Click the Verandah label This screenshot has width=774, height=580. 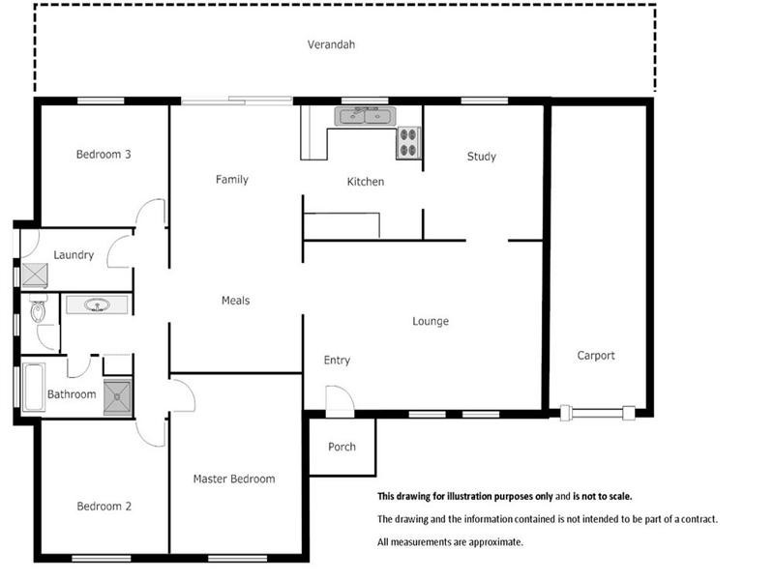coord(332,44)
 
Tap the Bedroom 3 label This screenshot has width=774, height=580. coord(104,154)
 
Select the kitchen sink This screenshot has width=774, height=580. coord(364,117)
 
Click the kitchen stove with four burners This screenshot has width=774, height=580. coord(408,143)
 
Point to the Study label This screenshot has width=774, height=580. coord(481,157)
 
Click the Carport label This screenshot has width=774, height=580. coord(596,356)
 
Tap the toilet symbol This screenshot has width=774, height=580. coord(38,311)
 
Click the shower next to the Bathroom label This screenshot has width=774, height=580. coord(117,394)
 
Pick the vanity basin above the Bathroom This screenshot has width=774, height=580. coord(96,305)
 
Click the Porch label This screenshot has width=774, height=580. coord(342,447)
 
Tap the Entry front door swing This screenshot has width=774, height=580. coord(339,399)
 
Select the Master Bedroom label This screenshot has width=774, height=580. coord(233,478)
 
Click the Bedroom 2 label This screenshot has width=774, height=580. coord(104,506)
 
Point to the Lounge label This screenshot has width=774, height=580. coord(431,321)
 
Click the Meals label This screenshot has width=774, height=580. coord(235,301)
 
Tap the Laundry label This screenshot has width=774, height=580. coord(74,255)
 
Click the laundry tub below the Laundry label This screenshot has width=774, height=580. coord(35,275)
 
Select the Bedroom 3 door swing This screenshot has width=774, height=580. coord(150,213)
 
